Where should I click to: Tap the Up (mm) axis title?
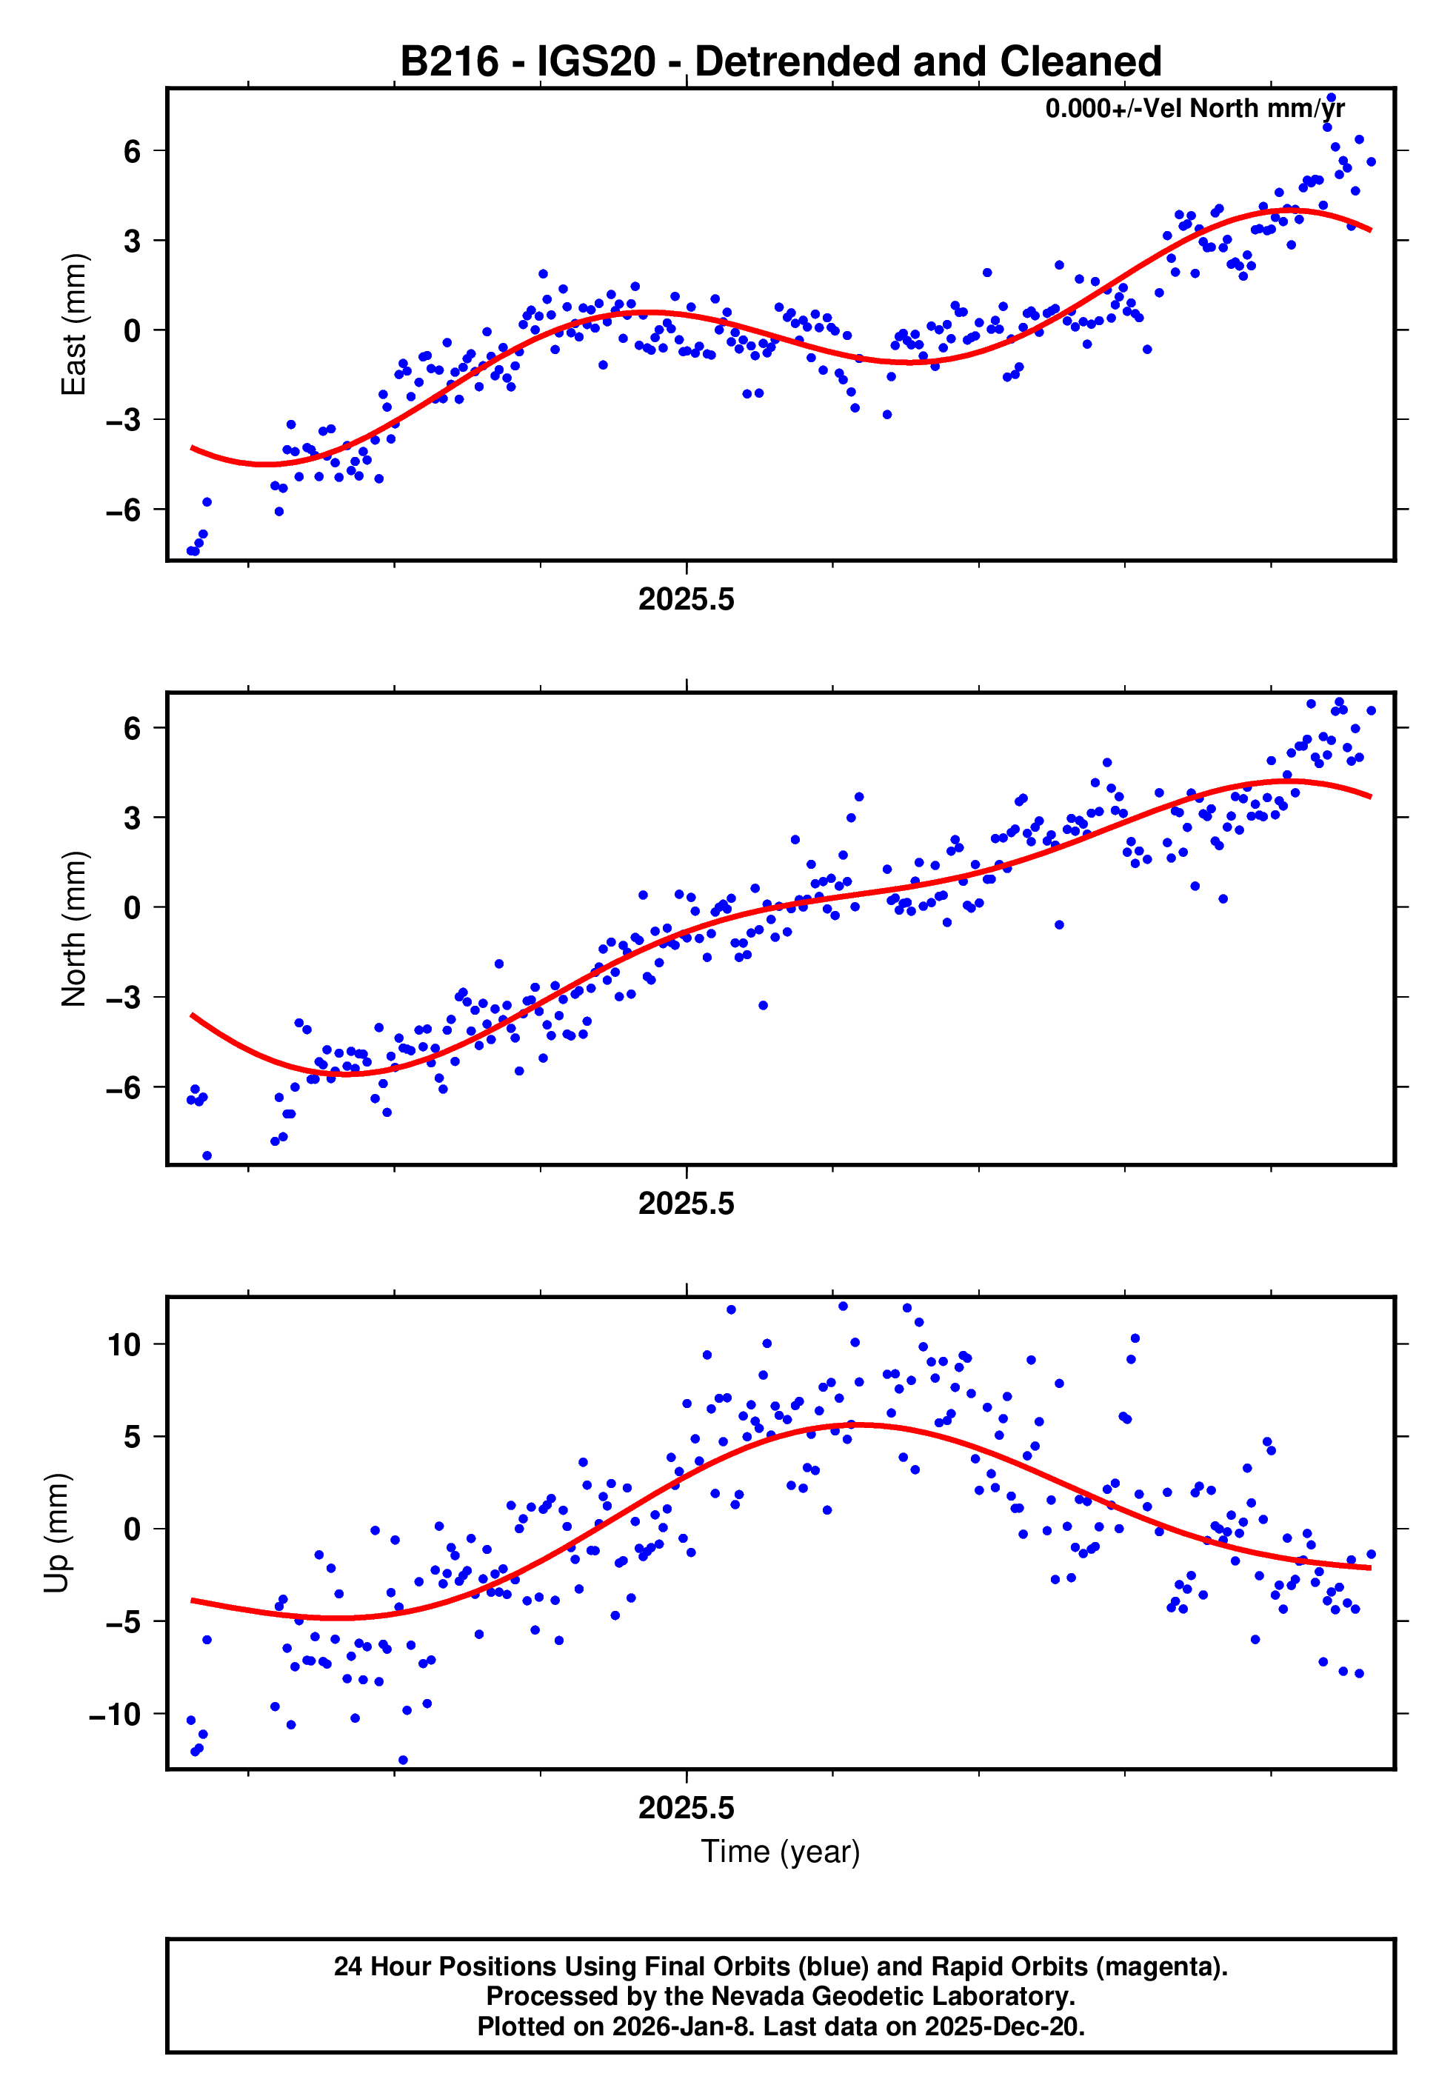coord(56,1533)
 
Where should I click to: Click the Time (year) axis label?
coord(781,1852)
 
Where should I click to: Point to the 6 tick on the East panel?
coord(133,151)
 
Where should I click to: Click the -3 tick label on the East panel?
coord(124,421)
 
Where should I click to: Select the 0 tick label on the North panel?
coord(133,907)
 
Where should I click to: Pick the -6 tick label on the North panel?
coord(124,1088)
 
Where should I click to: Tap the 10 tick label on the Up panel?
coord(124,1344)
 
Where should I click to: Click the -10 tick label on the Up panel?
coord(115,1714)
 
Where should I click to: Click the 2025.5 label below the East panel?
coord(686,600)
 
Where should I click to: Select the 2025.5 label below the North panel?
coord(686,1204)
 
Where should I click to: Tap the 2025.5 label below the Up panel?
coord(686,1809)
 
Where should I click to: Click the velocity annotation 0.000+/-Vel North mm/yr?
coord(1195,108)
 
